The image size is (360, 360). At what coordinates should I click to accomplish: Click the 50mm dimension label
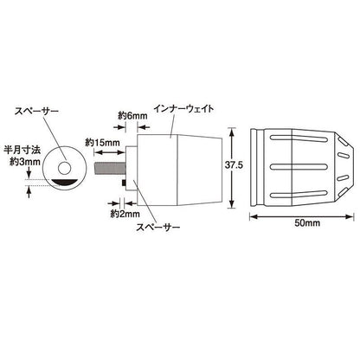[x=307, y=222]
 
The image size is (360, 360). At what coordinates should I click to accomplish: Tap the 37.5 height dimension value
[x=234, y=165]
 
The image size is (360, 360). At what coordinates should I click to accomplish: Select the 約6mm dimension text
[x=132, y=116]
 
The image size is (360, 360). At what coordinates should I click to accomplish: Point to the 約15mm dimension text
[x=102, y=142]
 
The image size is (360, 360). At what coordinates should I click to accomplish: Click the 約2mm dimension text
[x=125, y=214]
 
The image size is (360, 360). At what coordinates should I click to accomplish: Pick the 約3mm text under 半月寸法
[x=25, y=162]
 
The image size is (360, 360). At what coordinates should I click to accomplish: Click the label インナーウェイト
[x=183, y=109]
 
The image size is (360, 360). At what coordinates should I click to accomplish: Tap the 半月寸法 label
[x=22, y=150]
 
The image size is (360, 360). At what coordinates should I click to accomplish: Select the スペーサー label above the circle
[x=36, y=111]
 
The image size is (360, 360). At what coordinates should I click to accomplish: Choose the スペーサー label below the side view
[x=158, y=227]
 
